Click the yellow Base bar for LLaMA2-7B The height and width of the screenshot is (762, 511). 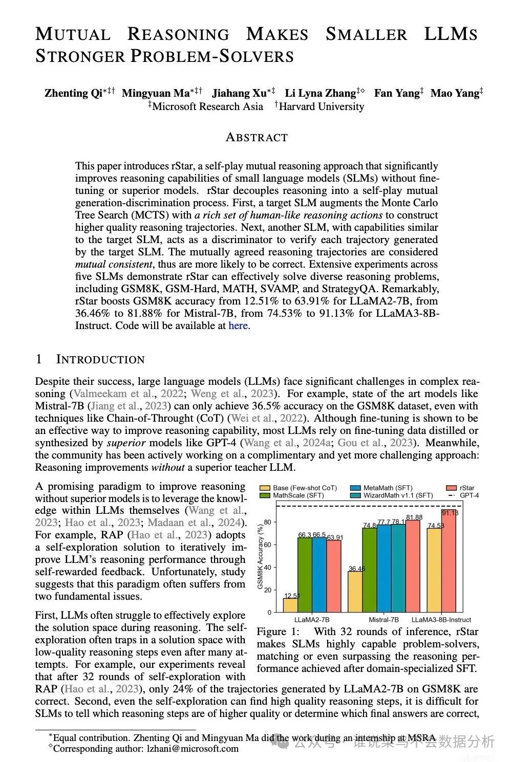(290, 605)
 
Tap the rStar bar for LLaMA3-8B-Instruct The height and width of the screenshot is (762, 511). (449, 562)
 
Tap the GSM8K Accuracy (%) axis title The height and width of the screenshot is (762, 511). (260, 558)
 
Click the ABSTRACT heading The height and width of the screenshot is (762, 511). (257, 137)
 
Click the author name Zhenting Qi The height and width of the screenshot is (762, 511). (74, 93)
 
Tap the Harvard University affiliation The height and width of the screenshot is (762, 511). (321, 106)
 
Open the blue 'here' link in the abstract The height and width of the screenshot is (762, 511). (238, 325)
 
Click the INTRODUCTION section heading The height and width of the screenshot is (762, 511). (100, 359)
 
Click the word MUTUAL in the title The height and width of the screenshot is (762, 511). (73, 34)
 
